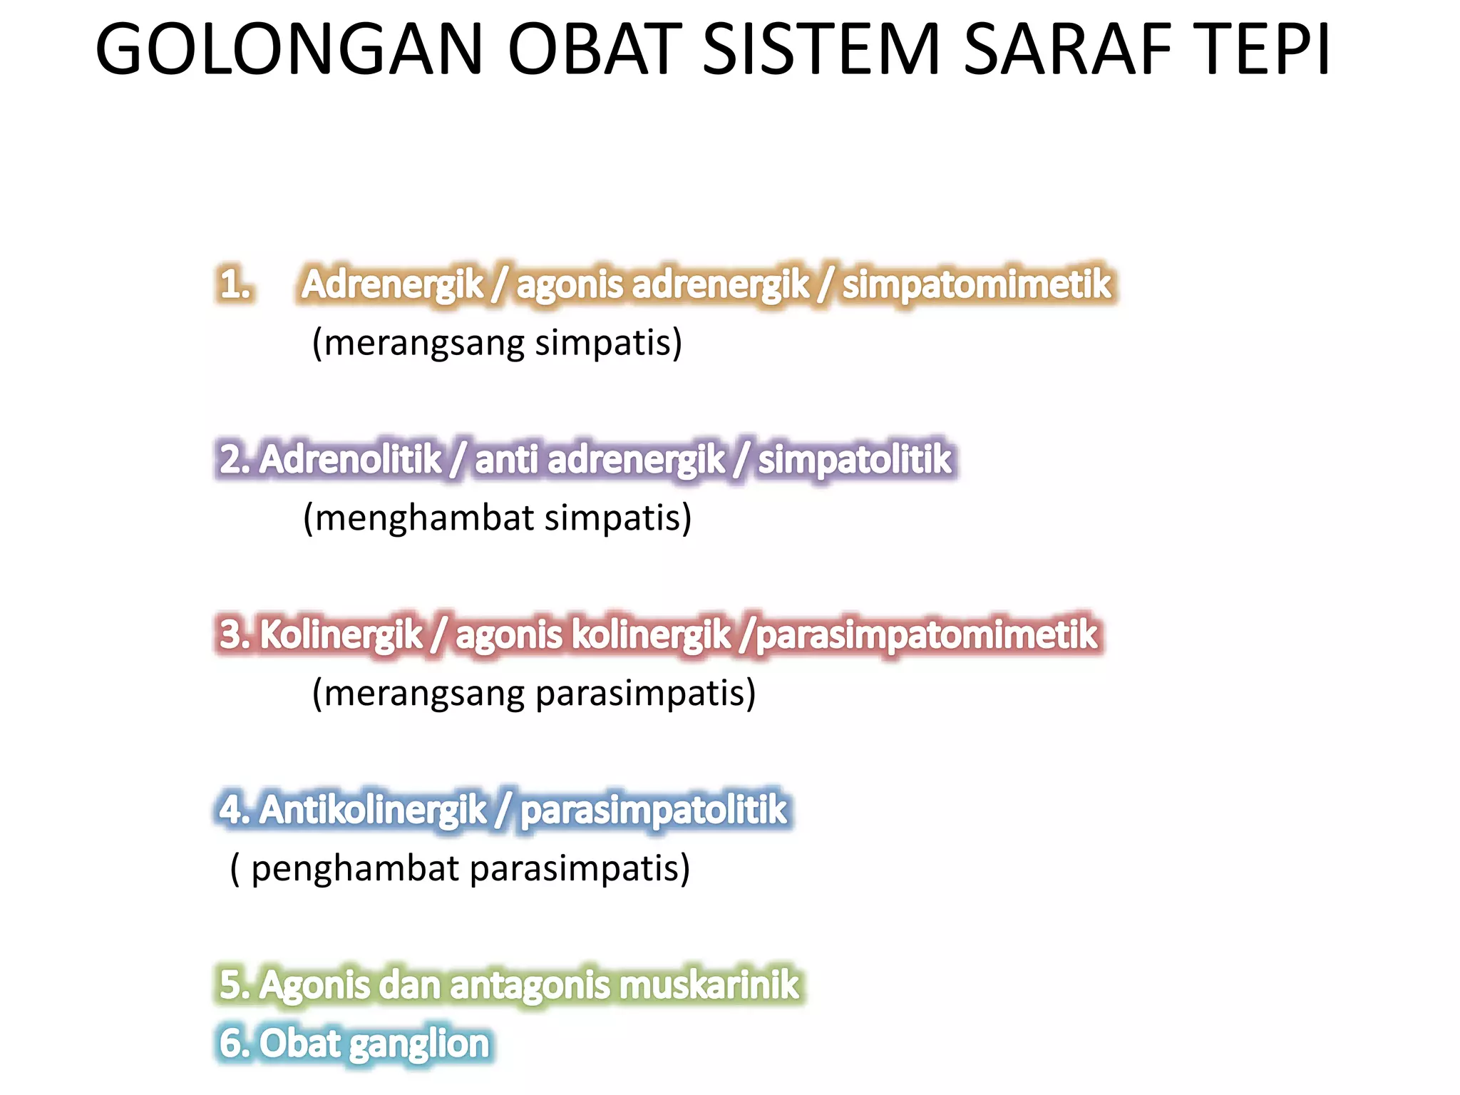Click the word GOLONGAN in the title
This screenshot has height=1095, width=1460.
click(x=289, y=50)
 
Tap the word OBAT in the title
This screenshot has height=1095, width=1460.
click(x=594, y=50)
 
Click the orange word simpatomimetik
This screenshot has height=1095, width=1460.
click(x=976, y=284)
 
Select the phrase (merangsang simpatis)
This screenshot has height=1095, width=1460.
click(x=497, y=343)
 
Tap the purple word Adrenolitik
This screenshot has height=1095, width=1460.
click(x=351, y=459)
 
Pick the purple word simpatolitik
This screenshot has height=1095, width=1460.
click(x=854, y=459)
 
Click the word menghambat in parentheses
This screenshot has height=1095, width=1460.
click(x=424, y=518)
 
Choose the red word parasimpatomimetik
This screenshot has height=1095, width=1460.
click(x=926, y=634)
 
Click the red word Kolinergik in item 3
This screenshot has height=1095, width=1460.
click(x=341, y=634)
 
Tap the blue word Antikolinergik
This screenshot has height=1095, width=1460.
click(x=372, y=810)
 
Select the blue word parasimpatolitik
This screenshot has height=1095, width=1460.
click(x=653, y=810)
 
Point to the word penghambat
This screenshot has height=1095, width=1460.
click(x=355, y=869)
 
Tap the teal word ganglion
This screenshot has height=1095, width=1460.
click(x=420, y=1044)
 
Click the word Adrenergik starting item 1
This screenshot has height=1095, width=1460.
click(x=392, y=284)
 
